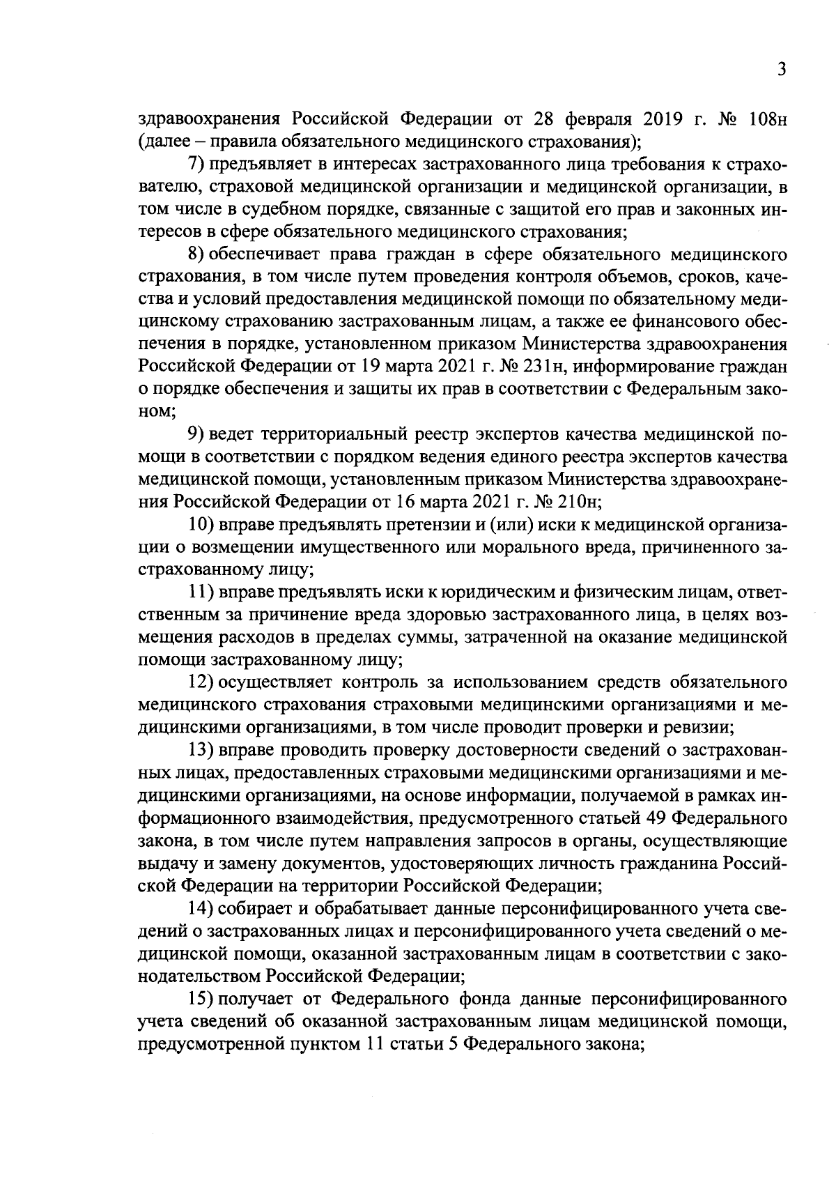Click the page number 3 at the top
coord(782,70)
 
